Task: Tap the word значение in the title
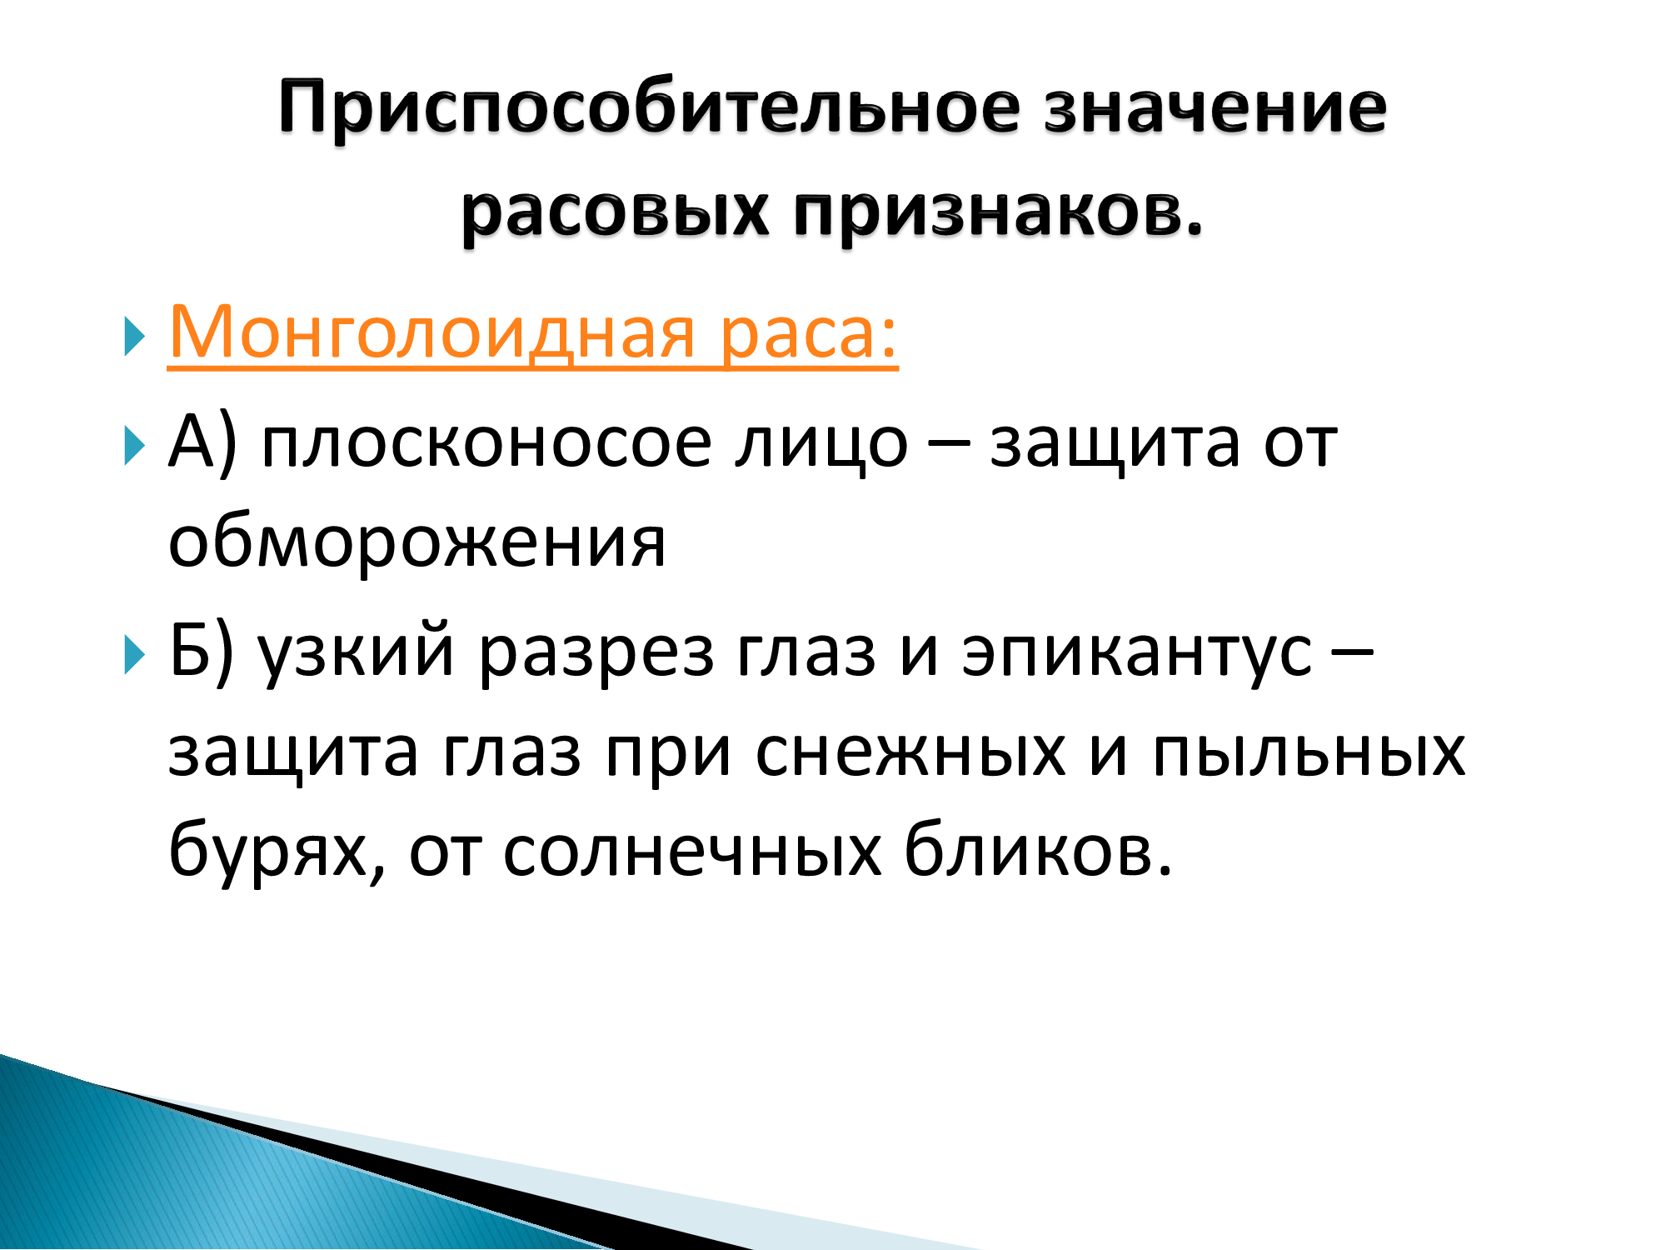[1215, 108]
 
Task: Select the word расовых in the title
[615, 212]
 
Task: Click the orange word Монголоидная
[431, 332]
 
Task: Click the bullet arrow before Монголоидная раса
[134, 336]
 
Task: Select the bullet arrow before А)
[134, 446]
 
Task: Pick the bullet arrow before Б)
[134, 655]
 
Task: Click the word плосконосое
[486, 443]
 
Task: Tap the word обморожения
[417, 542]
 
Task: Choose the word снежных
[910, 752]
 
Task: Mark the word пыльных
[1309, 752]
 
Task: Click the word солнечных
[692, 852]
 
